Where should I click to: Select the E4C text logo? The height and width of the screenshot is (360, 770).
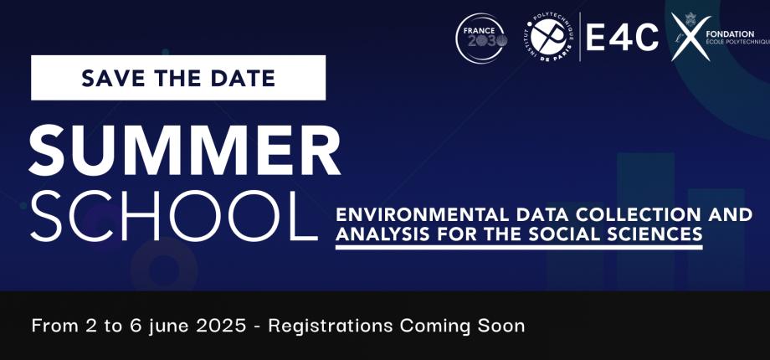[x=622, y=39]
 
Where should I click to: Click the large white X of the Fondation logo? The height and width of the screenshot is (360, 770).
[x=691, y=39]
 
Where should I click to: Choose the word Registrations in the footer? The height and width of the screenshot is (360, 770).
[x=329, y=325]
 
